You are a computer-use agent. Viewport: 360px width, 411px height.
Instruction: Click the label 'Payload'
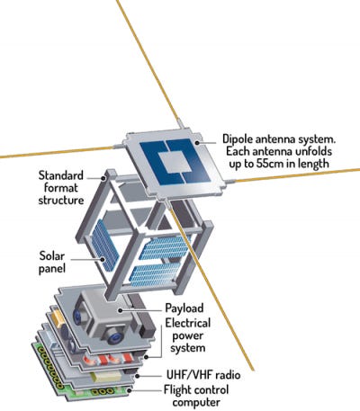(184, 308)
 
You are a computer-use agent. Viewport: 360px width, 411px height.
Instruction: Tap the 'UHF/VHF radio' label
(203, 375)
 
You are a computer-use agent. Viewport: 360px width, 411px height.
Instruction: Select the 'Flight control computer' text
(196, 396)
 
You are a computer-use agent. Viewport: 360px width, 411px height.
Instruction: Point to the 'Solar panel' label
(52, 262)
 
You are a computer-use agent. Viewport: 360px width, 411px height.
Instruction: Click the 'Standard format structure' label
(61, 188)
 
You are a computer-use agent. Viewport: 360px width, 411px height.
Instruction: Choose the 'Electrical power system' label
(188, 335)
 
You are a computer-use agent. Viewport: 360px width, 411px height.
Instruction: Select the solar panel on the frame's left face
(104, 246)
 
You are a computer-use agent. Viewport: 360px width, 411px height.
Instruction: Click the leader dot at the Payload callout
(120, 311)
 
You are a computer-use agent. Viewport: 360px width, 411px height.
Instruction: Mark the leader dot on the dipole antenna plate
(197, 142)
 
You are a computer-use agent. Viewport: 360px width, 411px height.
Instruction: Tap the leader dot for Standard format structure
(103, 178)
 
